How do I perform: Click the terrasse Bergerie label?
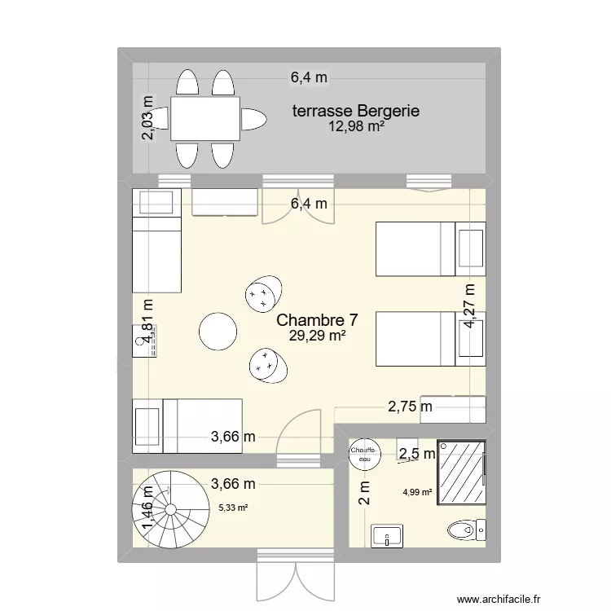click(356, 111)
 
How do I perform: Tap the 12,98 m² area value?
click(356, 126)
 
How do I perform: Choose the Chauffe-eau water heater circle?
click(363, 454)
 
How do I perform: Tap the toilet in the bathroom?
click(468, 530)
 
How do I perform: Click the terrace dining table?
click(205, 119)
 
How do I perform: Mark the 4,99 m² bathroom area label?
click(416, 491)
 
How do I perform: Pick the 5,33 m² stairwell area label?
click(232, 508)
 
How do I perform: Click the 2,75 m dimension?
click(410, 407)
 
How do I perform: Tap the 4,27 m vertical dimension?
click(469, 305)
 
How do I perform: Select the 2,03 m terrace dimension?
click(147, 119)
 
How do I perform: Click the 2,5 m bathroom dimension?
click(415, 454)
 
